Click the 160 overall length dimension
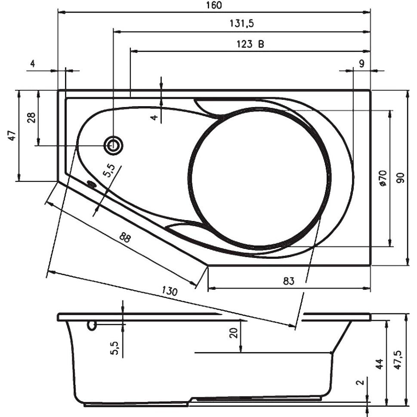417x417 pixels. click(x=214, y=5)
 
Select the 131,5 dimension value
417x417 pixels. click(x=242, y=24)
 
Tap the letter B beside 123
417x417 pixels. click(x=261, y=43)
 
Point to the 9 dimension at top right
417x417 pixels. click(x=361, y=64)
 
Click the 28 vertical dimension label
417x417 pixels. click(x=31, y=117)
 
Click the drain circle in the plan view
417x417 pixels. click(x=114, y=146)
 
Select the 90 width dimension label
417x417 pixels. click(x=400, y=178)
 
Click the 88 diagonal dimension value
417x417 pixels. click(x=125, y=237)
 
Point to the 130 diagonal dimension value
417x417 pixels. click(x=170, y=291)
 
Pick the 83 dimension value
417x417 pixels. click(x=288, y=281)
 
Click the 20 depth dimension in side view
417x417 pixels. click(x=233, y=333)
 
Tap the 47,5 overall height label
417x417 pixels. click(x=398, y=360)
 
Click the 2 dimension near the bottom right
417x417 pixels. click(x=360, y=383)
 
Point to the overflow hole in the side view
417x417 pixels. click(x=91, y=325)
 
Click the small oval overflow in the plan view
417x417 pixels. click(x=91, y=184)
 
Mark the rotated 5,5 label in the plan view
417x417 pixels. click(x=109, y=171)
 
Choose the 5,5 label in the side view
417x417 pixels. click(x=114, y=348)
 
